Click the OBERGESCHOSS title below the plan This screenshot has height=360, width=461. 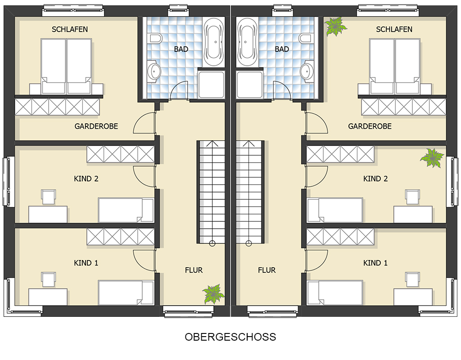(230, 337)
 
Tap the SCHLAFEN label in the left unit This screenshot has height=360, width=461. (70, 29)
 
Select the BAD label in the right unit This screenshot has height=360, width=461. (282, 49)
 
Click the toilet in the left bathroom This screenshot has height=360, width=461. (156, 38)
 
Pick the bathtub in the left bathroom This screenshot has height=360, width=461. (214, 42)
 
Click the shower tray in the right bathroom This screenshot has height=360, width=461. (249, 85)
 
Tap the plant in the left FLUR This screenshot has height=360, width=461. (213, 293)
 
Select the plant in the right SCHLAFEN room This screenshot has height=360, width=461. (335, 27)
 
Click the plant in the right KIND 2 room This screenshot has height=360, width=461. (432, 158)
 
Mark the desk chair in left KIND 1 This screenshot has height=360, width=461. (49, 279)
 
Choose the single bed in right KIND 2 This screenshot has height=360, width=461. (335, 210)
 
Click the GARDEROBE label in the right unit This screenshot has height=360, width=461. (370, 126)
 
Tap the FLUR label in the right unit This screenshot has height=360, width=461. (267, 270)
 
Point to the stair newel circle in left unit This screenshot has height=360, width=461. (212, 243)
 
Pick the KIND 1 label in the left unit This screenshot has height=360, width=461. (86, 263)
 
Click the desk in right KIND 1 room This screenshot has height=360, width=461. (413, 297)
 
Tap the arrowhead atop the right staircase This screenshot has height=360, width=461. (249, 144)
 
